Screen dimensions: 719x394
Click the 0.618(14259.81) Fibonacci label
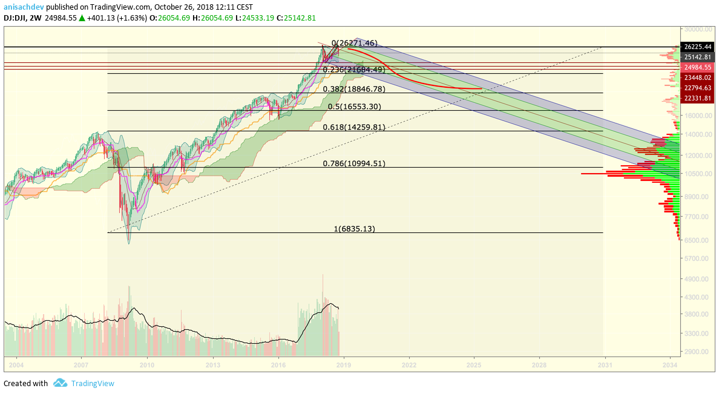coord(354,127)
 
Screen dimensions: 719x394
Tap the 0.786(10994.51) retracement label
coord(354,163)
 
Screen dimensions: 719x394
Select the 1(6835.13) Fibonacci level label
coord(355,229)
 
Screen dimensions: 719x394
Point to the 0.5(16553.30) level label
coord(355,107)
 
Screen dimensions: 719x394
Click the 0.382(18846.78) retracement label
coord(354,89)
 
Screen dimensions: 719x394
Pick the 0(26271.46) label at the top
coord(355,43)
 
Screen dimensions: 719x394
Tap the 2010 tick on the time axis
coord(146,365)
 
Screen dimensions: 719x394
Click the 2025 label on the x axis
coord(474,365)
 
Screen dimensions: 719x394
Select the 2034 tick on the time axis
coord(670,365)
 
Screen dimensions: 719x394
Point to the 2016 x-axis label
coord(278,365)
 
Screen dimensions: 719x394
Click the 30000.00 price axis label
coord(698,30)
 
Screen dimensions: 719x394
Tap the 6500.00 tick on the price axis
coord(698,240)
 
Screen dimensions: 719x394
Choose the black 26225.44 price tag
coord(697,47)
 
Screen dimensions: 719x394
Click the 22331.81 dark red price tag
coord(697,98)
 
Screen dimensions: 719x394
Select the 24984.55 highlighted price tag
coord(697,67)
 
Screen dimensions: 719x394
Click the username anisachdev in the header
coord(24,7)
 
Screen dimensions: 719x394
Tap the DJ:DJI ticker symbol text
coord(15,18)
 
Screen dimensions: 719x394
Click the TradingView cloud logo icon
coord(60,383)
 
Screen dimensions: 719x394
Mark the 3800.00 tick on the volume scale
coord(698,314)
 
